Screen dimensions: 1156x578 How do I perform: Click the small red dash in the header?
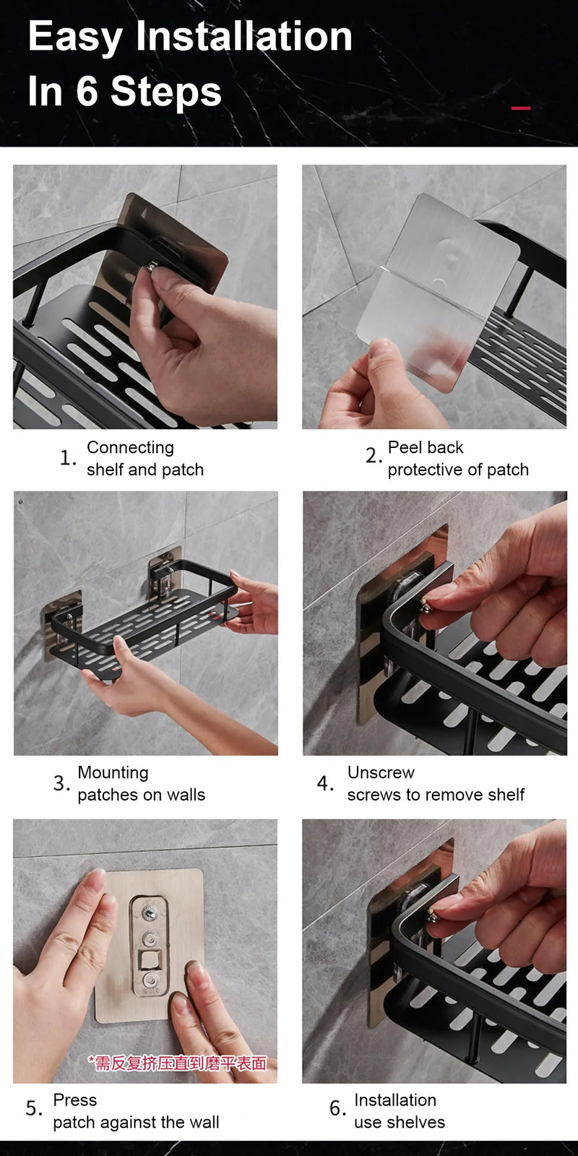520,108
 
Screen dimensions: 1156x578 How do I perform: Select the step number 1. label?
68,458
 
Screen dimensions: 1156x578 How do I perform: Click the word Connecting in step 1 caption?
130,447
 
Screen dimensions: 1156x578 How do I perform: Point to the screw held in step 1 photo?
152,267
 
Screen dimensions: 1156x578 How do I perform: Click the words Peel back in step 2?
426,447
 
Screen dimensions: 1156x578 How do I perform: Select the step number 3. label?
61,784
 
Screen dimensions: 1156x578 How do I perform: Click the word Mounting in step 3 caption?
113,772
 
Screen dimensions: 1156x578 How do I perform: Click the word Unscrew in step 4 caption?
381,772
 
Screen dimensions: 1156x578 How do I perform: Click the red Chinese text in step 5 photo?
177,1063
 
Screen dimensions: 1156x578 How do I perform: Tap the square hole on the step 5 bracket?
150,960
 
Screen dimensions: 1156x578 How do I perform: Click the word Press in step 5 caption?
75,1100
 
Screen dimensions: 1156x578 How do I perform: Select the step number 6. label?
337,1108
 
